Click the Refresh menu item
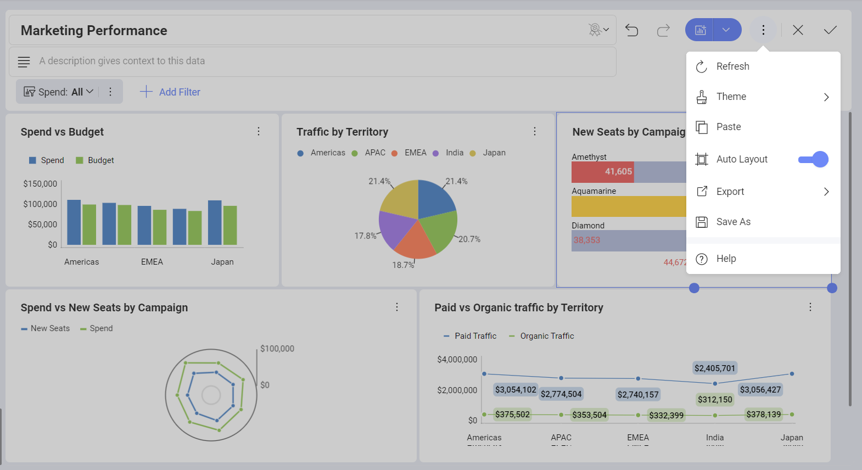(732, 66)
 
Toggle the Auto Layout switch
(813, 159)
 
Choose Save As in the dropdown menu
(733, 222)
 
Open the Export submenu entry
(730, 192)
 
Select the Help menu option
(726, 259)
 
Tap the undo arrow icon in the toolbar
(632, 30)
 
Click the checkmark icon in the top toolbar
(830, 30)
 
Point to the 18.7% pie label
(403, 265)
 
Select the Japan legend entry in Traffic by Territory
(494, 153)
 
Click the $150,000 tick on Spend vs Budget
(40, 184)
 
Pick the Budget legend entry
(100, 160)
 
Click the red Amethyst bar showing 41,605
(603, 172)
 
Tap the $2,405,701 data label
(714, 368)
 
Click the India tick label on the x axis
(714, 438)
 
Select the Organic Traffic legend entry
(546, 336)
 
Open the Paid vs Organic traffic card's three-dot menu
(810, 307)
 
